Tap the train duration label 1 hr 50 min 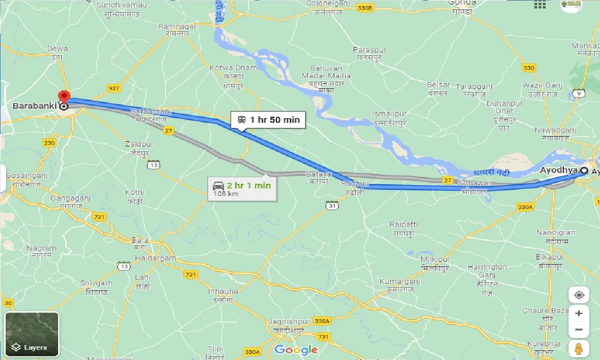268,120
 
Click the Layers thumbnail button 32,334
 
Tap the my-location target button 579,295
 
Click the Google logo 296,350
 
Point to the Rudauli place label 352,183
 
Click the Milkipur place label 435,260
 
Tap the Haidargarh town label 155,258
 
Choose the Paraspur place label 369,50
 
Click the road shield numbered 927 113,88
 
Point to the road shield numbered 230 49,142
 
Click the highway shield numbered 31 332,205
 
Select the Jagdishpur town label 289,322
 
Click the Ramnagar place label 177,27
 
